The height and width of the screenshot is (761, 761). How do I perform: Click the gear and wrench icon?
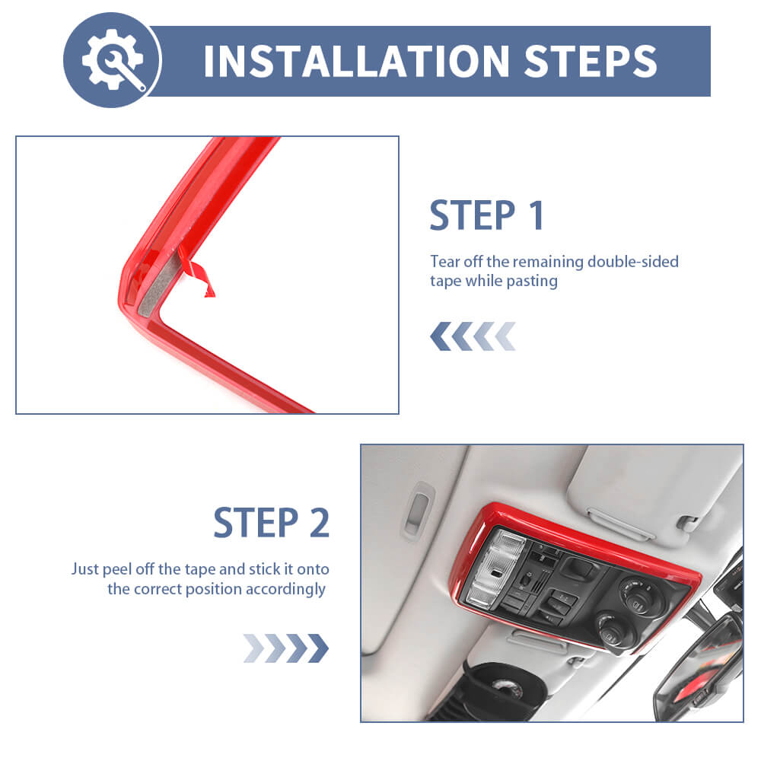click(x=113, y=59)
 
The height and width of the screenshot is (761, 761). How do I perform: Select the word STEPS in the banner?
click(x=591, y=61)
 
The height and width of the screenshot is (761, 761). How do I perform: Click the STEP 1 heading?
click(x=487, y=215)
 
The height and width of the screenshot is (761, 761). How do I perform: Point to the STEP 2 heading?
click(x=272, y=523)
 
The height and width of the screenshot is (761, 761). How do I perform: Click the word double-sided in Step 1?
click(x=633, y=262)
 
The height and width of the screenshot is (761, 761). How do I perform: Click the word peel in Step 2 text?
click(x=117, y=569)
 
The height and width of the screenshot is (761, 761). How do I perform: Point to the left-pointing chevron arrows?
click(x=473, y=336)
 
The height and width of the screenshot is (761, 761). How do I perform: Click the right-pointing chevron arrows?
click(x=286, y=648)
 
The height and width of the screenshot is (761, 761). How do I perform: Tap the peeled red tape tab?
click(x=196, y=272)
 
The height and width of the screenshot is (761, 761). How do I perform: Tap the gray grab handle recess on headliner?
click(x=416, y=511)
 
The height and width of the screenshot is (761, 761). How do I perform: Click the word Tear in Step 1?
click(x=445, y=262)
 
